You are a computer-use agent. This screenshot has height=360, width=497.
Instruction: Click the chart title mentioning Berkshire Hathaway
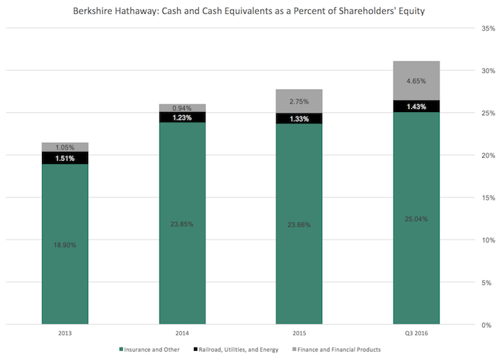pos(248,11)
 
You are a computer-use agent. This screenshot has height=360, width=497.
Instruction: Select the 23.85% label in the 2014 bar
pos(182,224)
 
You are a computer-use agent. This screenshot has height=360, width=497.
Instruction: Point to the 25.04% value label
pos(416,219)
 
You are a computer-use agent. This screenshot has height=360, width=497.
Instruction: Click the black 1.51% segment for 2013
pos(65,158)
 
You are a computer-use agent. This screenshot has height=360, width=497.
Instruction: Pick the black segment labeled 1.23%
pos(182,118)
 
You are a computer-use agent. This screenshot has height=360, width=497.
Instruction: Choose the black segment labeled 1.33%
pos(299,118)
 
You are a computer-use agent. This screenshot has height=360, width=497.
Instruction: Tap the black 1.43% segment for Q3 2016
pos(416,106)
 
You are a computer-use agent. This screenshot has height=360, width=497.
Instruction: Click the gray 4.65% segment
pos(416,81)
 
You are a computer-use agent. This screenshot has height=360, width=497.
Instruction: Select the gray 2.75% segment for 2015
pos(299,101)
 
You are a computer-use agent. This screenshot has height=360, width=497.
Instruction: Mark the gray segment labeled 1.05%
pos(65,147)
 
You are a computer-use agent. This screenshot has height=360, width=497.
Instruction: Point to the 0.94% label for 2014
pos(182,108)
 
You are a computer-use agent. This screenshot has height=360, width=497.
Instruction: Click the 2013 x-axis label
pos(65,334)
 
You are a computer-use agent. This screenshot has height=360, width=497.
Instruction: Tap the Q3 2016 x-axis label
pos(416,334)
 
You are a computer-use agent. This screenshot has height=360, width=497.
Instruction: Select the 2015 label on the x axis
pos(299,334)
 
